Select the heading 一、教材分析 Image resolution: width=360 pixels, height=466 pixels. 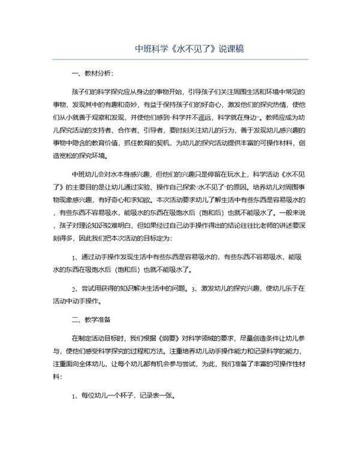91,74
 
